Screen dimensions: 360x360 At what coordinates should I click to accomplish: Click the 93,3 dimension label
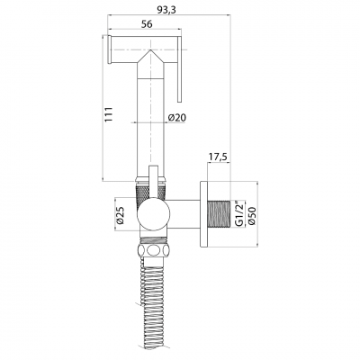pyautogui.click(x=166, y=10)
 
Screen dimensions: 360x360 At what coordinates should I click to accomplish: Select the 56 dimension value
pyautogui.click(x=147, y=24)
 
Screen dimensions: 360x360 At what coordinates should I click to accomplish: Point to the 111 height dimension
pyautogui.click(x=108, y=114)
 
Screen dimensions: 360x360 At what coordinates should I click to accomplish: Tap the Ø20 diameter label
pyautogui.click(x=177, y=118)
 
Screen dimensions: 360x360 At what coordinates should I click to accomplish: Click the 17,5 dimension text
pyautogui.click(x=219, y=157)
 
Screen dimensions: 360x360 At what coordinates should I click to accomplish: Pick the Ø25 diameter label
pyautogui.click(x=121, y=215)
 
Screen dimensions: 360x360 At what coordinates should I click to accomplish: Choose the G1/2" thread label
pyautogui.click(x=238, y=214)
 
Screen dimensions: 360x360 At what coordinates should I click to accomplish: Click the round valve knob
pyautogui.click(x=153, y=214)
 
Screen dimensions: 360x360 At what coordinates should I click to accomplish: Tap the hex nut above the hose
pyautogui.click(x=153, y=249)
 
